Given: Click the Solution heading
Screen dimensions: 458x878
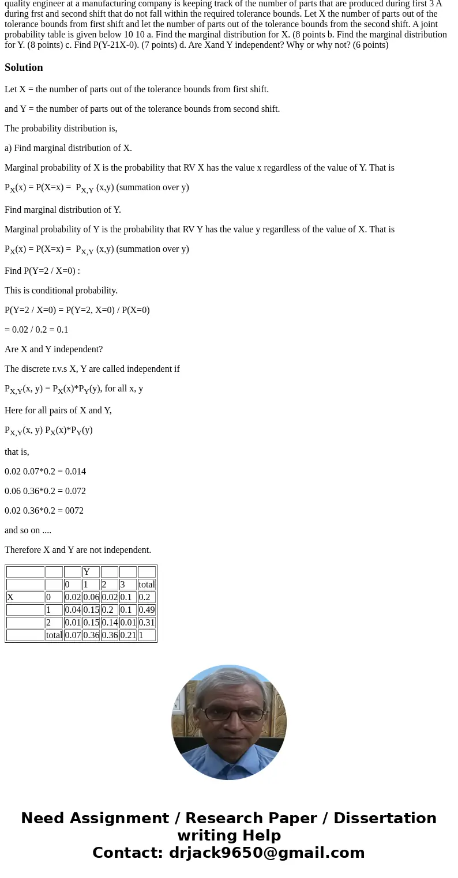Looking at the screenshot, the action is [x=24, y=67].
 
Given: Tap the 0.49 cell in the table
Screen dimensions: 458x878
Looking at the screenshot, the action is [x=147, y=610].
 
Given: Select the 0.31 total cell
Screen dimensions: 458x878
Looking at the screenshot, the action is [x=147, y=623].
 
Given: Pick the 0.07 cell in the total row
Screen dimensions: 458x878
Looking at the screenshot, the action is [x=73, y=635].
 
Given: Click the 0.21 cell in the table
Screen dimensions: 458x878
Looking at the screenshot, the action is [x=128, y=635].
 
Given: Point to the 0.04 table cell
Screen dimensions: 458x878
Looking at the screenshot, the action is [x=73, y=610].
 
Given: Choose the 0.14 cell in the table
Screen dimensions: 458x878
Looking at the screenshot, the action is [x=110, y=623].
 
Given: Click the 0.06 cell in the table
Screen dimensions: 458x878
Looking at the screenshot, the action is [x=91, y=597].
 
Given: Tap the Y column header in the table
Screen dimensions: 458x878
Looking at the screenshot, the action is [x=87, y=572].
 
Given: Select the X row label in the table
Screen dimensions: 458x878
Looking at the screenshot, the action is [x=11, y=597].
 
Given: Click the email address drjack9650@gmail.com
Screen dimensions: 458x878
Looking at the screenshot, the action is [x=266, y=853].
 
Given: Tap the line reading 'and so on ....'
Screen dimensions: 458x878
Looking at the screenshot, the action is [x=28, y=530].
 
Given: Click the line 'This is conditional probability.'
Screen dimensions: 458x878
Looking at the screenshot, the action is [x=61, y=291].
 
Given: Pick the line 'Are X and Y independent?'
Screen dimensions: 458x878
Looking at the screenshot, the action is [x=54, y=349].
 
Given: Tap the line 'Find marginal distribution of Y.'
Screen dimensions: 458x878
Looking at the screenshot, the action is [x=63, y=210].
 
